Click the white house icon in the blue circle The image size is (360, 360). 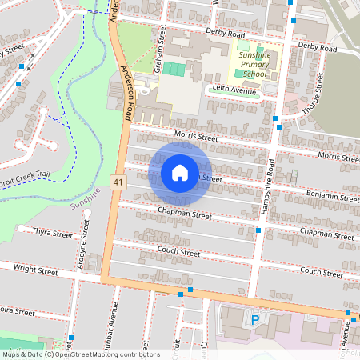(180, 172)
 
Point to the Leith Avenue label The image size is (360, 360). (233, 90)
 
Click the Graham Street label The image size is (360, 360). (162, 46)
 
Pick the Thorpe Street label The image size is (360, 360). (317, 94)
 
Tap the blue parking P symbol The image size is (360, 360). (256, 320)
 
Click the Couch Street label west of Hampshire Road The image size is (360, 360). (178, 252)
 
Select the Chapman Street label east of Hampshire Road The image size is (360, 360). (326, 234)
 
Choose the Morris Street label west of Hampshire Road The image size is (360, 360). (195, 138)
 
